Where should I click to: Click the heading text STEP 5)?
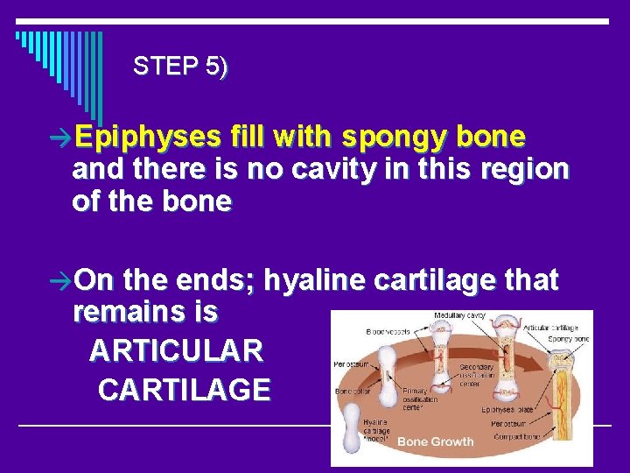[181, 67]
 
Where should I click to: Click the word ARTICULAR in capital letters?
[176, 350]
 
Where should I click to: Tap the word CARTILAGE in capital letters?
[185, 389]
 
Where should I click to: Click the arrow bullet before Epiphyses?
[62, 138]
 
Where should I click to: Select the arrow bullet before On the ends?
[62, 281]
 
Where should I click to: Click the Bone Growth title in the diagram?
[435, 441]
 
